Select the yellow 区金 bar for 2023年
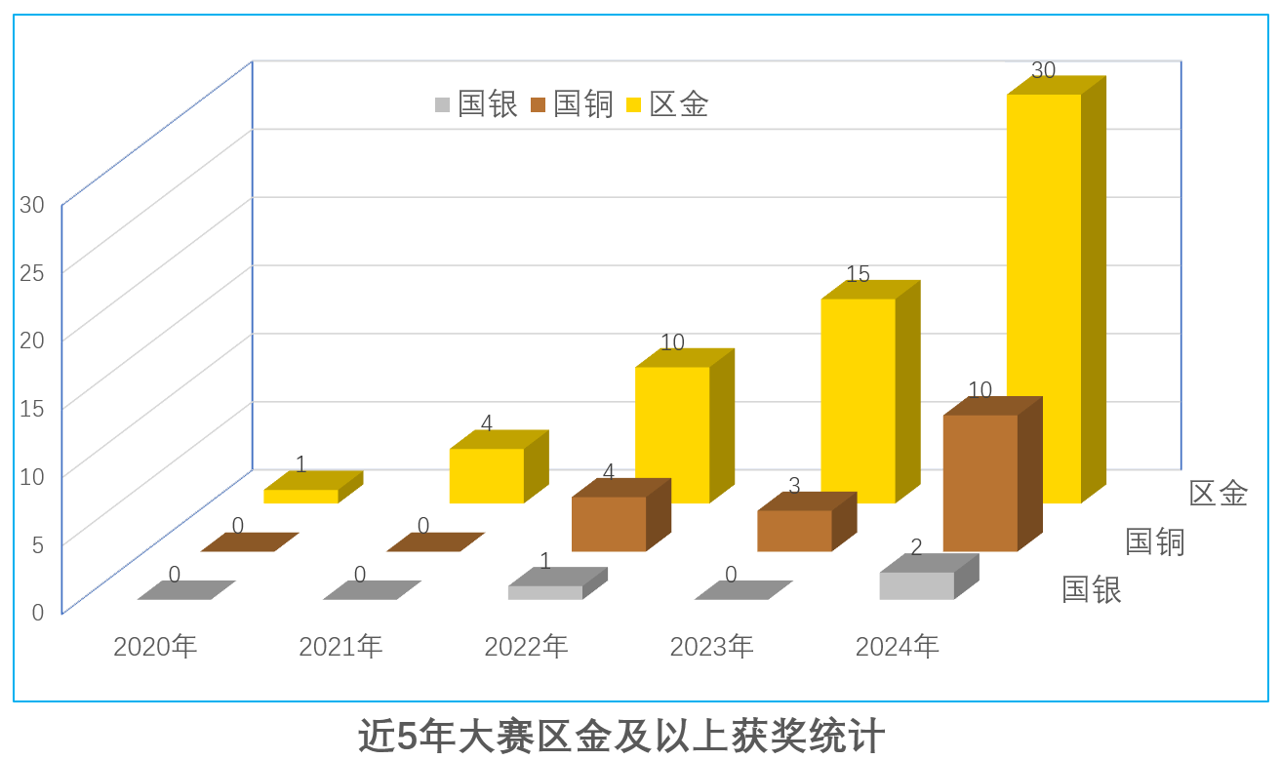[x=858, y=400]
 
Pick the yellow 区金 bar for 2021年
[x=486, y=475]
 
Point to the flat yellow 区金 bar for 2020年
[x=300, y=496]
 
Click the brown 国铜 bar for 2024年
[x=980, y=483]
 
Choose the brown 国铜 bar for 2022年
[x=609, y=524]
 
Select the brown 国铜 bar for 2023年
[x=794, y=531]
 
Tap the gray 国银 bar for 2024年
[x=916, y=585]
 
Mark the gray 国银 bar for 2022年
[x=545, y=592]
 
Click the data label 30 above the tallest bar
[x=1043, y=70]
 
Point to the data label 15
[x=858, y=275]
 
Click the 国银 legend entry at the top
[x=476, y=104]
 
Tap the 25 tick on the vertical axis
[x=32, y=272]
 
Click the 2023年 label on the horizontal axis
[x=711, y=646]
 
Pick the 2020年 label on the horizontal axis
[x=155, y=646]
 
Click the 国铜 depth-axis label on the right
[x=1154, y=541]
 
